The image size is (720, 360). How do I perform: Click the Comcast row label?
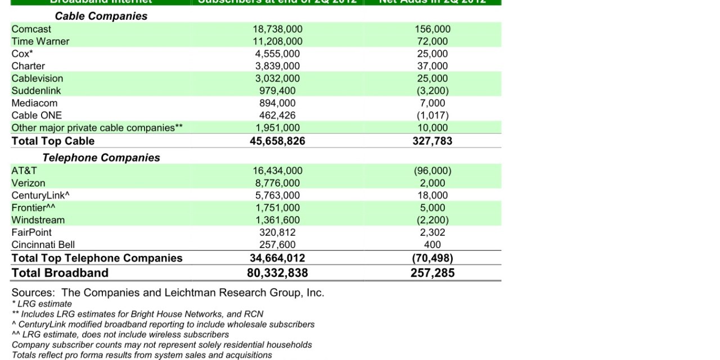pos(31,29)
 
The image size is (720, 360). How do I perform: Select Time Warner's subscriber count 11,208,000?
pos(277,42)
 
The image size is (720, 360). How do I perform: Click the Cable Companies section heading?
pos(101,16)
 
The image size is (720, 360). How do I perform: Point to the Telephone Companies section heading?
pos(101,158)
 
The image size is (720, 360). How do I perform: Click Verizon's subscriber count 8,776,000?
pos(277,183)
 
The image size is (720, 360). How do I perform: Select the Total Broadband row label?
pos(60,273)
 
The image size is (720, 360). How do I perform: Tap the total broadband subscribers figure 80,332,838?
pos(277,273)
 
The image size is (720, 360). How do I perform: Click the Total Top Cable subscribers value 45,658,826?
pos(277,141)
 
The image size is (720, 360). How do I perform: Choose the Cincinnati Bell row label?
pos(43,245)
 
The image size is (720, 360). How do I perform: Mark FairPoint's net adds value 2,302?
pos(432,232)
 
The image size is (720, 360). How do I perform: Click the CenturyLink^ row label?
pos(40,196)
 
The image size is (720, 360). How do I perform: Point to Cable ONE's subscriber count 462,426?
pos(277,116)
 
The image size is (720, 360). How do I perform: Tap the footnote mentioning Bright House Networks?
pos(137,314)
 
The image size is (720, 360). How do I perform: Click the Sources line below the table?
pos(168,292)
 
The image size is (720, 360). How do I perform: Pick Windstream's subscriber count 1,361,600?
pos(277,220)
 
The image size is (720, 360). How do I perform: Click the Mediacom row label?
pos(34,103)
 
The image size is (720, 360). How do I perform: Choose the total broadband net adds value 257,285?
pos(432,273)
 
